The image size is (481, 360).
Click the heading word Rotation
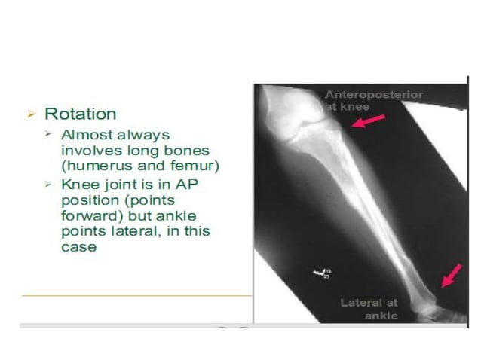click(x=81, y=114)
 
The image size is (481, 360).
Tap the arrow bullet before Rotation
click(x=31, y=114)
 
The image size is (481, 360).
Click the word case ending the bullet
click(x=78, y=246)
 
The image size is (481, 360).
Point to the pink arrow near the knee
click(x=368, y=120)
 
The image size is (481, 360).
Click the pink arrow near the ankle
click(x=451, y=276)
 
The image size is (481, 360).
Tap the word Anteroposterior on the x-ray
click(x=374, y=95)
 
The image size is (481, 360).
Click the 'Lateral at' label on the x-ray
click(x=369, y=303)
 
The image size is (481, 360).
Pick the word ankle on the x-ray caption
click(x=381, y=316)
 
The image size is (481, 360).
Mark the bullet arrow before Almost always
click(x=47, y=135)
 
